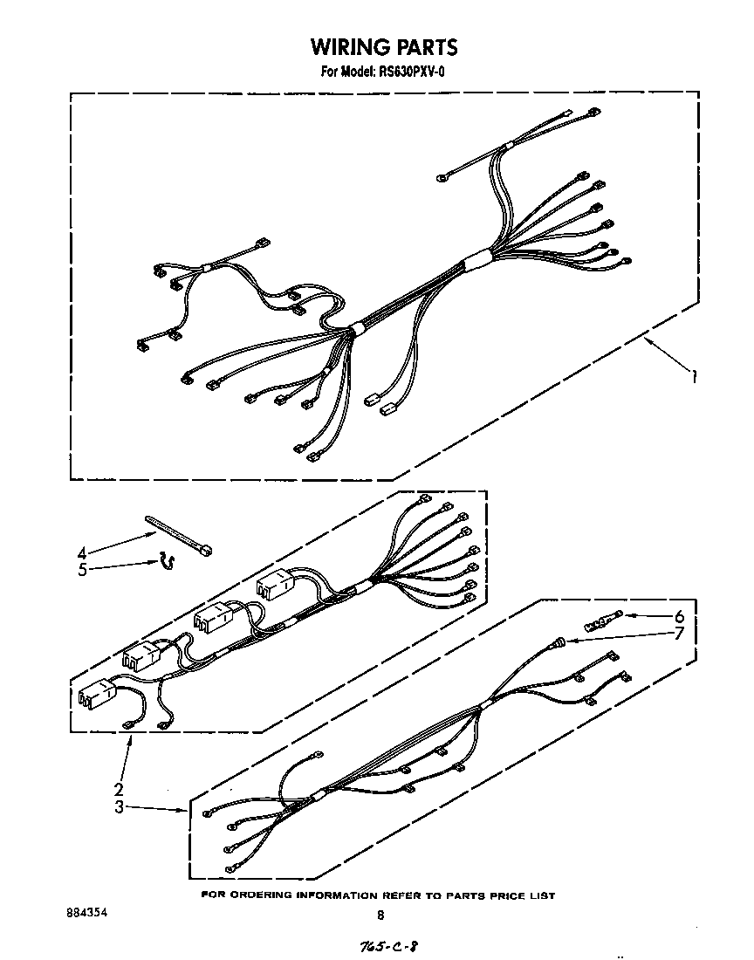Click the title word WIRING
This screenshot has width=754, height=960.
[344, 46]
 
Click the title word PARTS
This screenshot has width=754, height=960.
[425, 46]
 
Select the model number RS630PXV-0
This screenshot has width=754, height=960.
[411, 72]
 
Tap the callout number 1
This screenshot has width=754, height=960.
[695, 377]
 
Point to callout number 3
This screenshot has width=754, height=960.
[119, 807]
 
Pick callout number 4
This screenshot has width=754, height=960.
[82, 552]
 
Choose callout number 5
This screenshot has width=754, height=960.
[82, 570]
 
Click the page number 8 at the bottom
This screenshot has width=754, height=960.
[380, 915]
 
